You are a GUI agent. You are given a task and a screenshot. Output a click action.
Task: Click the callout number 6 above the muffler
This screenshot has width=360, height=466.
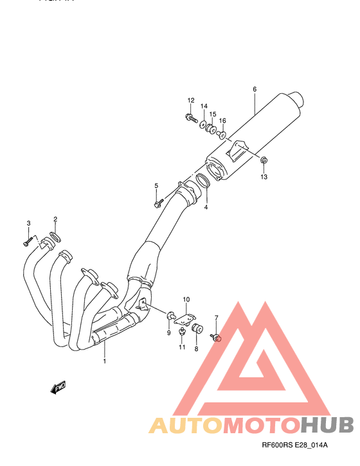point(255,89)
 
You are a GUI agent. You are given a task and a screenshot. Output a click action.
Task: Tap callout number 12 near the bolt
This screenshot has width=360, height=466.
point(191,100)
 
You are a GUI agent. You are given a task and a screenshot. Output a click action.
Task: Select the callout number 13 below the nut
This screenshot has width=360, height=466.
point(264,176)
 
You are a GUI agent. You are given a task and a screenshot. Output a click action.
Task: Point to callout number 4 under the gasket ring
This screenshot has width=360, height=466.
point(206,207)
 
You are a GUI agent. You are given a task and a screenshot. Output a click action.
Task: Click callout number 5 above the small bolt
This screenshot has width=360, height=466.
point(156,186)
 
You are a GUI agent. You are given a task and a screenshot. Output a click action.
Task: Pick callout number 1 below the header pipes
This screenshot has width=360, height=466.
point(104,361)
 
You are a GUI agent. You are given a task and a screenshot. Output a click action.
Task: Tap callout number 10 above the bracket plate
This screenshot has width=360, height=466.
point(186,300)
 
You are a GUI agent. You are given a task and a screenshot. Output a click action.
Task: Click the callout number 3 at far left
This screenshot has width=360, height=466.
point(28,223)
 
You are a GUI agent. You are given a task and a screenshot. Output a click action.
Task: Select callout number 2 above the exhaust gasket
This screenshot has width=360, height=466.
point(55,219)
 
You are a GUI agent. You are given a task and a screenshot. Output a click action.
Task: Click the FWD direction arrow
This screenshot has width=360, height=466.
point(57,386)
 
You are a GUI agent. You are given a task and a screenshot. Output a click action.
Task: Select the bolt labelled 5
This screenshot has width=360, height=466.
point(157,204)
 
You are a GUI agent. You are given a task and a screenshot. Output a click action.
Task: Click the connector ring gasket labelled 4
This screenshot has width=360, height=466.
point(204,181)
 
